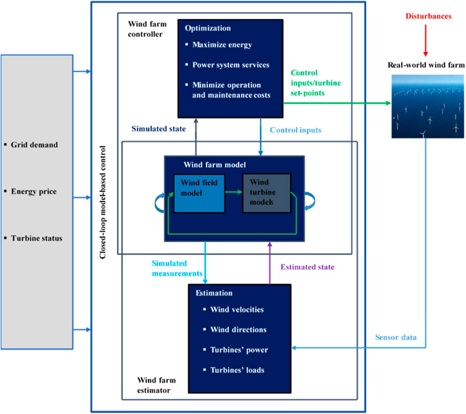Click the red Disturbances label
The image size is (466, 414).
tap(428, 16)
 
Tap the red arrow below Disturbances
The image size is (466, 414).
tap(425, 41)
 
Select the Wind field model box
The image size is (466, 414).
tap(199, 193)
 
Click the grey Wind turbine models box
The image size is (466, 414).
tap(266, 193)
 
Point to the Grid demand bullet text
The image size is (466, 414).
tap(34, 145)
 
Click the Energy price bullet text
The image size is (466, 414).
tap(34, 191)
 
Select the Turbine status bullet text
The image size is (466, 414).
tap(37, 238)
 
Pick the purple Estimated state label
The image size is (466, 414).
tap(308, 267)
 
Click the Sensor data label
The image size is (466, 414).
tap(396, 337)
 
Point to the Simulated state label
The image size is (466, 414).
tap(158, 129)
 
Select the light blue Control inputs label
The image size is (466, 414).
tap(296, 130)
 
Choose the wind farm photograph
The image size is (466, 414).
tap(428, 106)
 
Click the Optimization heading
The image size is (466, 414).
tap(207, 28)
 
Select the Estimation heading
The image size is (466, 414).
tap(214, 293)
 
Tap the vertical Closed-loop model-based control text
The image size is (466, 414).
tap(103, 202)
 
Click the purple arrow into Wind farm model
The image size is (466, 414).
tap(270, 263)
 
